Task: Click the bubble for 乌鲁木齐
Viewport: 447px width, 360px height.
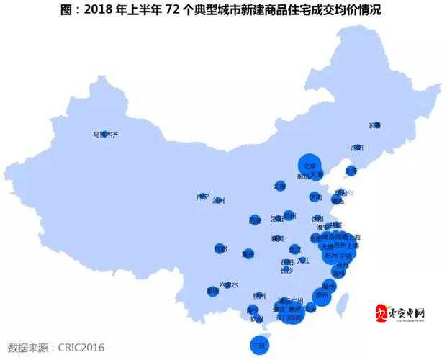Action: pyautogui.click(x=104, y=134)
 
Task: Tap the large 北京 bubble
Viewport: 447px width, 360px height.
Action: pyautogui.click(x=310, y=164)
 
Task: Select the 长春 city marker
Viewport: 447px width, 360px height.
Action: pyautogui.click(x=375, y=125)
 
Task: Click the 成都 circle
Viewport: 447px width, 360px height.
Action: pyautogui.click(x=220, y=248)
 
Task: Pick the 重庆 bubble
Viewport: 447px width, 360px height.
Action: pyautogui.click(x=248, y=253)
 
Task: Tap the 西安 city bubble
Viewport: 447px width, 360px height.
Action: pyautogui.click(x=255, y=220)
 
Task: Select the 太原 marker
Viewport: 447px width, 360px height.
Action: pyautogui.click(x=279, y=186)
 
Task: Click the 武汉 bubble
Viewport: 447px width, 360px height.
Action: pyautogui.click(x=294, y=249)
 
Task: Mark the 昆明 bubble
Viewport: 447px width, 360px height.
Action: pyautogui.click(x=212, y=291)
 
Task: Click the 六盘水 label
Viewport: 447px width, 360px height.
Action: pyautogui.click(x=228, y=285)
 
